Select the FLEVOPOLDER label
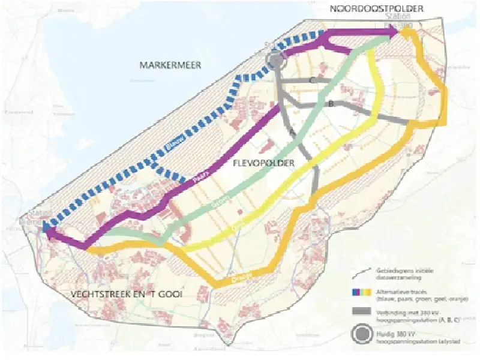click(x=263, y=163)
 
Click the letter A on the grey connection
click(x=292, y=131)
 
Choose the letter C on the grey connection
click(x=312, y=80)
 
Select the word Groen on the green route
click(x=221, y=203)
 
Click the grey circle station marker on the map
click(x=275, y=59)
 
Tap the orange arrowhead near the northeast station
click(x=405, y=36)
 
